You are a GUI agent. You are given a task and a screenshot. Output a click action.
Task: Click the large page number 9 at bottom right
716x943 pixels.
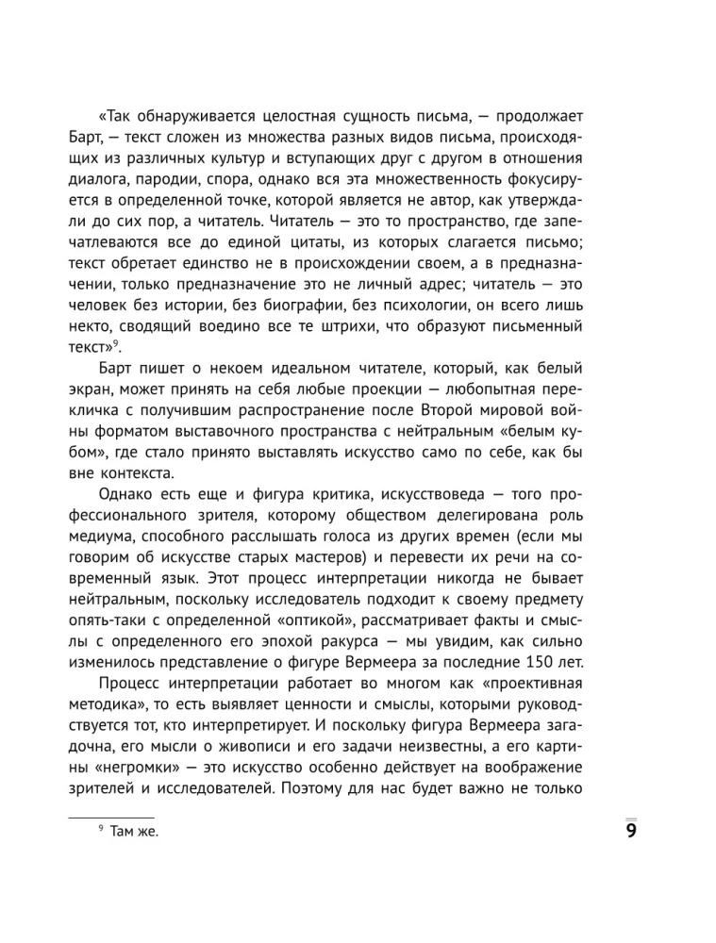pyautogui.click(x=631, y=831)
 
